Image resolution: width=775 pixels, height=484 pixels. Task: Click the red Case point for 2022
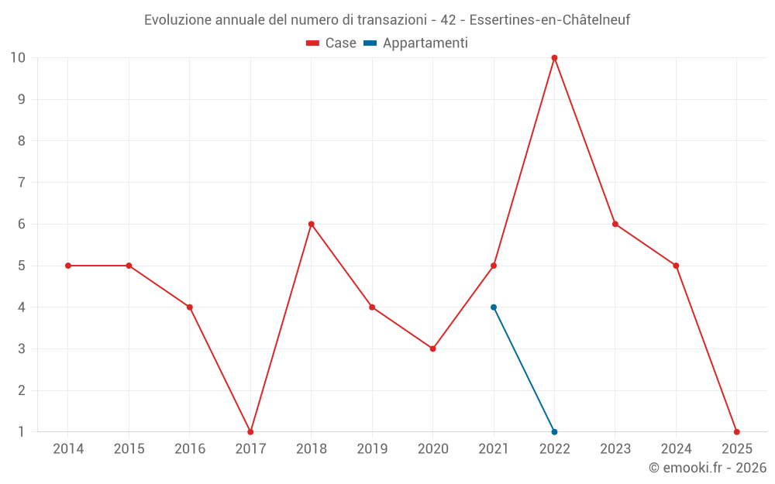pos(554,57)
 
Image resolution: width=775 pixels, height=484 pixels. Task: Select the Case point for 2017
pos(250,431)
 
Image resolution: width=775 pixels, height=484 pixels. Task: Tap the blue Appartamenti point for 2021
pos(494,307)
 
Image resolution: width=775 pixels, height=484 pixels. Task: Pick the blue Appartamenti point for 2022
pos(554,431)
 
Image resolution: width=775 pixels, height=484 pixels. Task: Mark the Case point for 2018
pos(312,224)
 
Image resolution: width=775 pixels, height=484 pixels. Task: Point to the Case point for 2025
pos(736,431)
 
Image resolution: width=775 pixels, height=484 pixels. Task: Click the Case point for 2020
pos(432,348)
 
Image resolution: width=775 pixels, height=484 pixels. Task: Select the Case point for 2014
pos(68,266)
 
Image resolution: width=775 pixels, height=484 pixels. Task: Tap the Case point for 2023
pos(615,224)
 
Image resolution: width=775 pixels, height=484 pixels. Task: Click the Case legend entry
pos(331,43)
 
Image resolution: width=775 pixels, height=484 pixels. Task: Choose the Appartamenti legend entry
pos(416,43)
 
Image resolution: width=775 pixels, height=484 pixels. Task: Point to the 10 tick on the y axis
pos(18,57)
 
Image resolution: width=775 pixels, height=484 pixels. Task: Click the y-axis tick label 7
pos(21,183)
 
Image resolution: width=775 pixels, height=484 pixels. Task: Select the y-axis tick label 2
pos(21,390)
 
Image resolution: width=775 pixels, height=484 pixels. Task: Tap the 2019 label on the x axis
pos(372,448)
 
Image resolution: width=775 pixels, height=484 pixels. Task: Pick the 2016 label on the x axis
pos(190,448)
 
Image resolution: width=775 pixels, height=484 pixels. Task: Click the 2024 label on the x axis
pos(676,448)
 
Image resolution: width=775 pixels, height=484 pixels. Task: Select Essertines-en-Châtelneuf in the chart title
pos(549,20)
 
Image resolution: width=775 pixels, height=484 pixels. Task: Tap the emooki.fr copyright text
pos(708,468)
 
